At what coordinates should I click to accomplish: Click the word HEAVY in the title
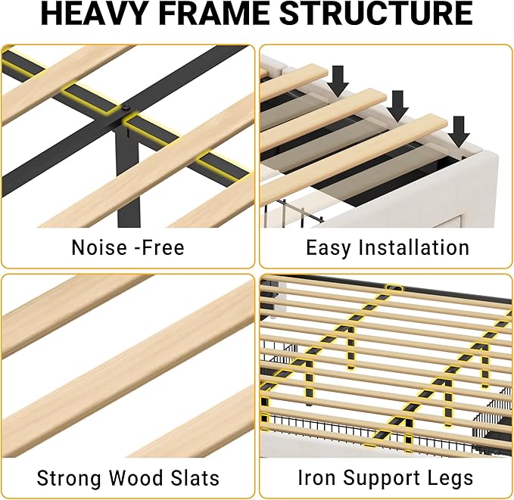[93, 13]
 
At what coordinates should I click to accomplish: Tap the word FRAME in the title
[213, 13]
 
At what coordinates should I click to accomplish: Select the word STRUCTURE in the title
[376, 13]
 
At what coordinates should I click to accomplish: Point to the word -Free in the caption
[160, 247]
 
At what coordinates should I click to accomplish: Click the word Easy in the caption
[328, 248]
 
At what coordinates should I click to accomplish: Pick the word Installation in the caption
[413, 247]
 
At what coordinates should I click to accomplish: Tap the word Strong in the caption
[69, 478]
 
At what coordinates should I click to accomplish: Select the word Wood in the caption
[136, 478]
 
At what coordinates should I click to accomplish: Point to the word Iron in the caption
[316, 478]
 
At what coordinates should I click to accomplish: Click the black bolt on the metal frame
[126, 107]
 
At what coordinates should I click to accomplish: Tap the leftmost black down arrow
[338, 81]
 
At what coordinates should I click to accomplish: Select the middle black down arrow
[397, 106]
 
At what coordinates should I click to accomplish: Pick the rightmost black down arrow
[459, 132]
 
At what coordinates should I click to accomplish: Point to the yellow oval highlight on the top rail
[394, 288]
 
